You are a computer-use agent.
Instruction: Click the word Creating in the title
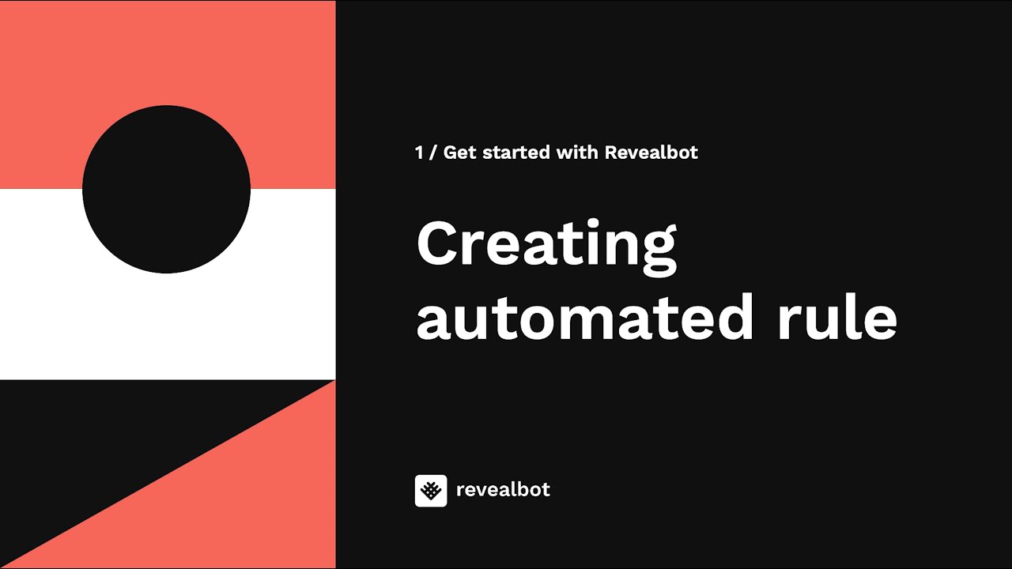(x=546, y=247)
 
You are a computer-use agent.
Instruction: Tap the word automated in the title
(x=585, y=317)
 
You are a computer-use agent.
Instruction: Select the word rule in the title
(x=837, y=317)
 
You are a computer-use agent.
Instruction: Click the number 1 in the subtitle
(x=419, y=153)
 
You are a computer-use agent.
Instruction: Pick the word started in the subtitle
(x=516, y=153)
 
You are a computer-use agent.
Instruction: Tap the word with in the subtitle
(x=577, y=153)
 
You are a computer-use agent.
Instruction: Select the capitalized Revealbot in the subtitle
(x=651, y=153)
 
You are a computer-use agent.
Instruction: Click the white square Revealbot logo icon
(x=431, y=491)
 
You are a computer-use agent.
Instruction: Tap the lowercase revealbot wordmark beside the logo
(x=504, y=489)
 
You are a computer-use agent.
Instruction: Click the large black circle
(x=166, y=189)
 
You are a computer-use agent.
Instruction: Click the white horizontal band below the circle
(x=168, y=325)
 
